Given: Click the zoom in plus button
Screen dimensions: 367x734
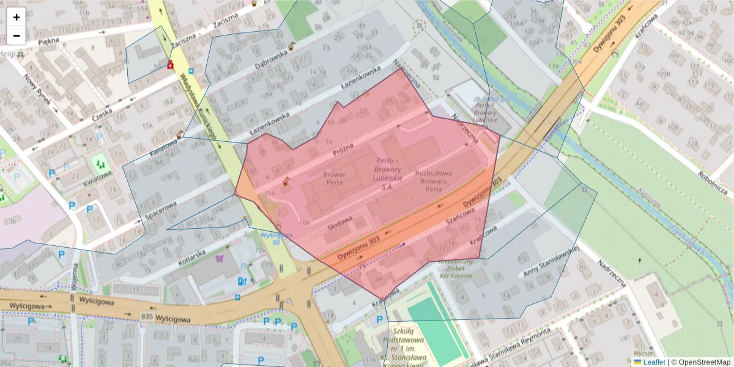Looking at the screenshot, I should coord(17,17).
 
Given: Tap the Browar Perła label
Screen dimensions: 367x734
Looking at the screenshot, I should coord(335,178).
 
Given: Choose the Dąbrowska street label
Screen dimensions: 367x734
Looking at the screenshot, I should coord(271,57).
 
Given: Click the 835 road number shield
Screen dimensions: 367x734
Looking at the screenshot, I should coord(146,316).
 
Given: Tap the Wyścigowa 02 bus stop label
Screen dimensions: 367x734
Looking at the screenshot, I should coord(275,238).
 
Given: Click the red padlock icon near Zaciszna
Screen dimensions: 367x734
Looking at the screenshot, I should coord(171,64).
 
